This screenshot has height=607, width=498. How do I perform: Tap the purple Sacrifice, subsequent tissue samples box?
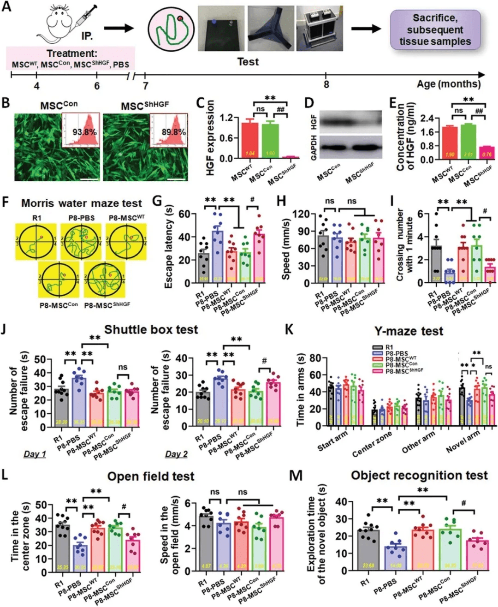coord(435,30)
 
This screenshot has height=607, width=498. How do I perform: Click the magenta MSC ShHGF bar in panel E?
coord(486,153)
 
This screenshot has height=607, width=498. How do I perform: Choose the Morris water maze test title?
coord(82,203)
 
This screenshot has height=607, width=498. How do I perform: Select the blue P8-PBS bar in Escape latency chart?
coord(217,256)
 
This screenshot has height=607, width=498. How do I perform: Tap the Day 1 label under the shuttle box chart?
coord(35,454)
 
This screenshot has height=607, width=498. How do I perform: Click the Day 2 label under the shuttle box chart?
coord(176,454)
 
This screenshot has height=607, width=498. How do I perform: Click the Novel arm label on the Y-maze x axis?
coord(463,441)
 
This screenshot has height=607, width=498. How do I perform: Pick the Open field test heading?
coord(151,476)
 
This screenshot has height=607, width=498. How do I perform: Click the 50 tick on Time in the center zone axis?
coord(41,505)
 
